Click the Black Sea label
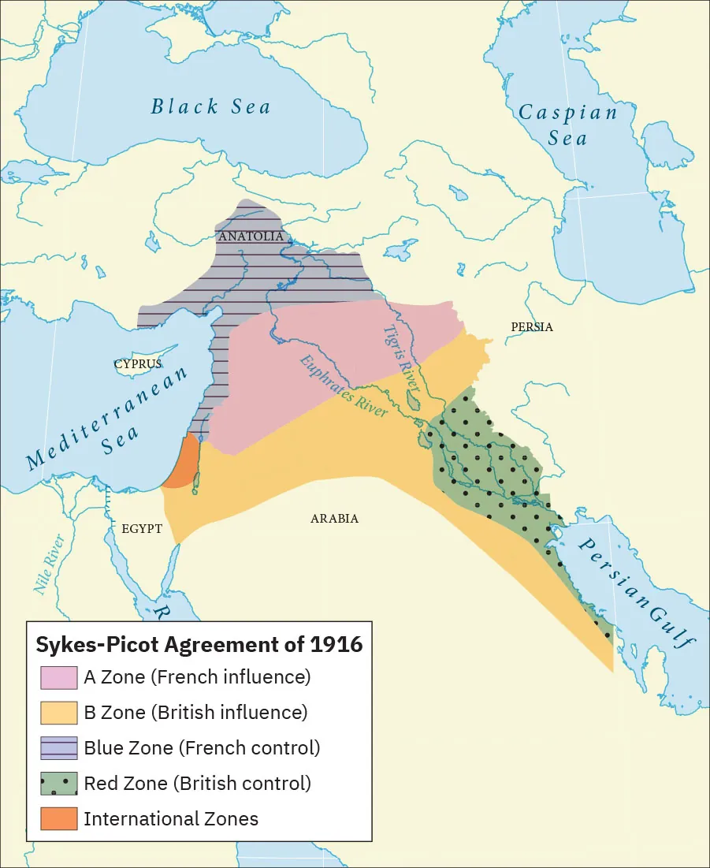tap(210, 106)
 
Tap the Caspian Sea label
tap(567, 125)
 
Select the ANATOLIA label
tap(251, 237)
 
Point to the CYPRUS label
tap(137, 364)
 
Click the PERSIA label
tap(532, 326)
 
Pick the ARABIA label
tap(334, 518)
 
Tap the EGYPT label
tap(142, 528)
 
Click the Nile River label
tap(49, 564)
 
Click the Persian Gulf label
tap(637, 593)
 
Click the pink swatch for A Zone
tap(59, 677)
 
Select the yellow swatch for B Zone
tap(59, 713)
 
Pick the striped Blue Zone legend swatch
tap(59, 747)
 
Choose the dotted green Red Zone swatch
tap(59, 784)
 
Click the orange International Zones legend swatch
tap(59, 818)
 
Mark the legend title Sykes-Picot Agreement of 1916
tap(199, 644)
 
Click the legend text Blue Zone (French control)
tap(202, 747)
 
